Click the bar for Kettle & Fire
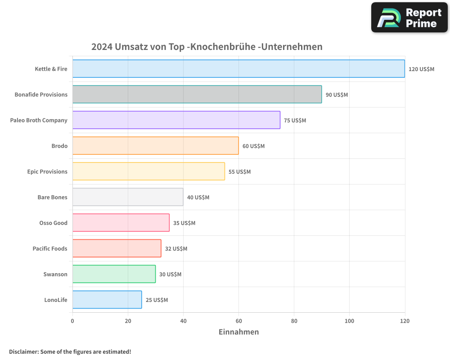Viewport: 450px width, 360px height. pos(238,69)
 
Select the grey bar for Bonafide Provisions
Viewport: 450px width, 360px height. pos(197,94)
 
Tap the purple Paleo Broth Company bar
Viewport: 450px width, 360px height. pos(176,120)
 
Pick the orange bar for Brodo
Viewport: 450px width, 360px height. pos(155,146)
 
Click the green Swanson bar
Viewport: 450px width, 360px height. pos(114,274)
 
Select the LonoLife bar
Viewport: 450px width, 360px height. pos(107,300)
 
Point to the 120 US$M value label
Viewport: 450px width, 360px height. pos(421,69)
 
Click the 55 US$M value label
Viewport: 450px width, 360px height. pos(239,172)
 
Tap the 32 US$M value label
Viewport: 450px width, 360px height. pos(176,249)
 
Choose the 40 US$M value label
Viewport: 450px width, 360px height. pos(198,198)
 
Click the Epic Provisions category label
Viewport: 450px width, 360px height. pos(47,171)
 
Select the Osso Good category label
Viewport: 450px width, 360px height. pos(53,223)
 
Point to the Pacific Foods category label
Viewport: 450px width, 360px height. pos(50,248)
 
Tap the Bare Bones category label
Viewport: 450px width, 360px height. pos(52,197)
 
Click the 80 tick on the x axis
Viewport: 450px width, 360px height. pos(294,321)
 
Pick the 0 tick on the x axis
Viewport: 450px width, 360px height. pos(72,321)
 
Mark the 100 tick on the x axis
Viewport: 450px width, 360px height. pos(349,321)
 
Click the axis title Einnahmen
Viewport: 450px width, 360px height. pos(238,332)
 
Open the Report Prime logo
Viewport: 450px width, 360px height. pos(409,18)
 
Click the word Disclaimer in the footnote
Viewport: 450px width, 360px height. pos(23,351)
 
